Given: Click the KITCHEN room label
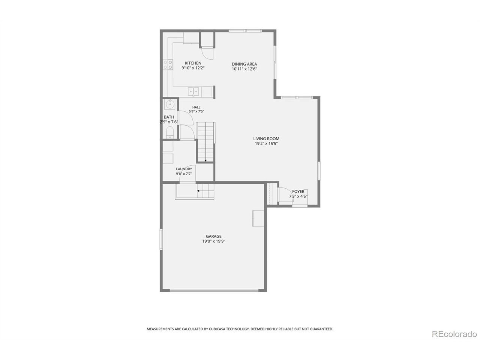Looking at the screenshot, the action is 193,63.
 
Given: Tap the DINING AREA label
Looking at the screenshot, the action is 244,64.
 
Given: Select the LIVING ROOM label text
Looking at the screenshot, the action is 266,139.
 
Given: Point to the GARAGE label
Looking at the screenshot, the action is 213,236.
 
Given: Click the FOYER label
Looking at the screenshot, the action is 298,192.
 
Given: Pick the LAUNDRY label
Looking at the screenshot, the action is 184,169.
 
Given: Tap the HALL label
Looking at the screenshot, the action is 196,107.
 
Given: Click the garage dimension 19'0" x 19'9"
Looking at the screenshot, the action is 214,241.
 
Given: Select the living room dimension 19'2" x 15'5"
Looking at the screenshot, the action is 266,144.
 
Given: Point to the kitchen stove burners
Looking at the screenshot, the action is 168,65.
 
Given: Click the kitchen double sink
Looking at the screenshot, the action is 193,91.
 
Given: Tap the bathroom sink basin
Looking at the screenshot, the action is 169,105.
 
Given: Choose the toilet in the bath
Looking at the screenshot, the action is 170,133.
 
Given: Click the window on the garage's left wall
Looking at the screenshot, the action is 161,239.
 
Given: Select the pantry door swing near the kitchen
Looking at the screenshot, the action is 207,53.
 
